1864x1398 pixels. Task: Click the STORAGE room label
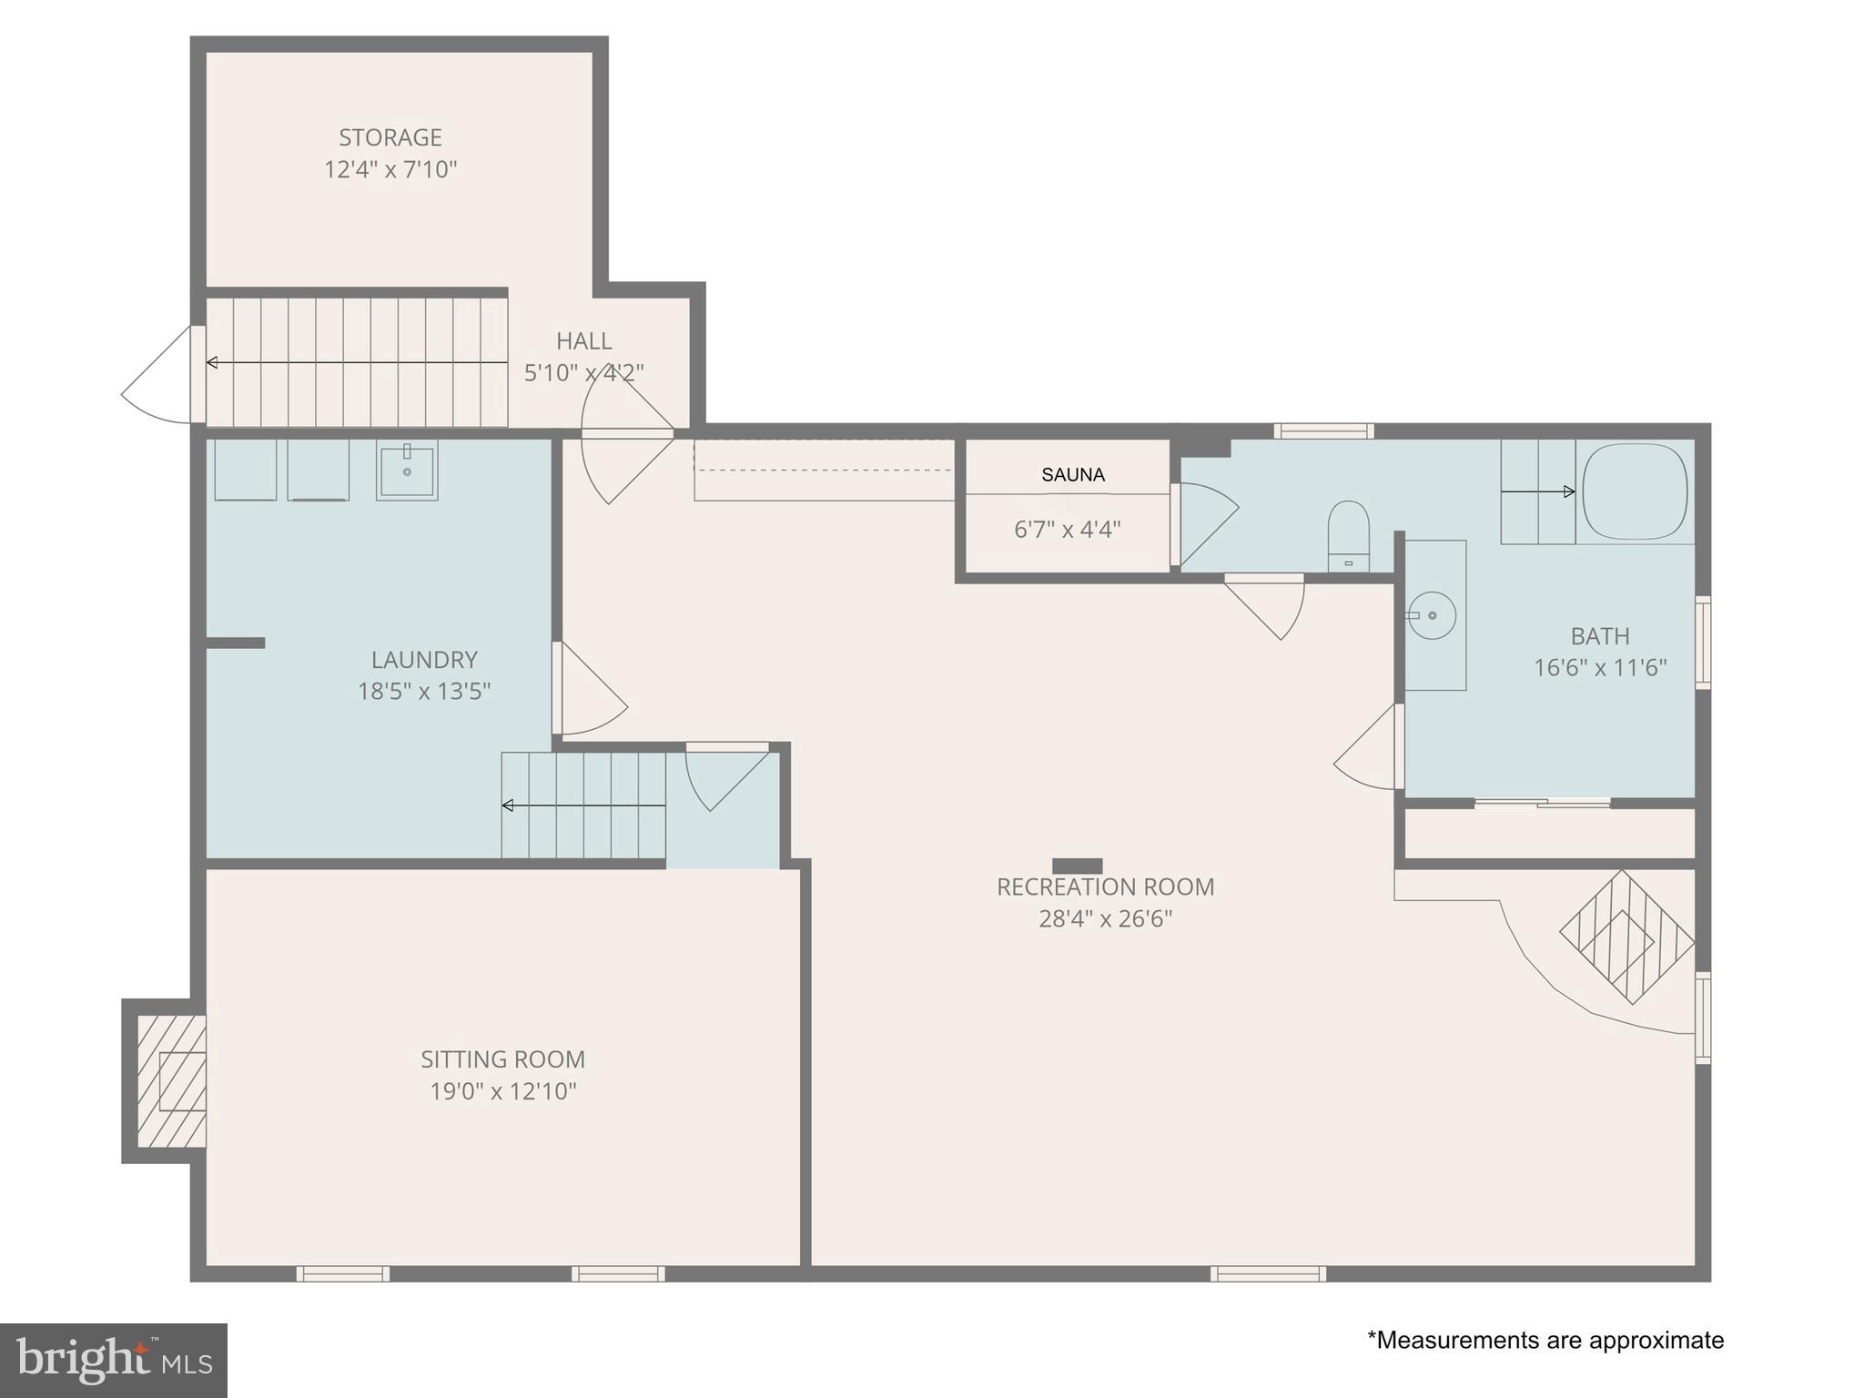pyautogui.click(x=390, y=137)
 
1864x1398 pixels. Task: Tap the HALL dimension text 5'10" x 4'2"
pyautogui.click(x=584, y=372)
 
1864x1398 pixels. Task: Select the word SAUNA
pyautogui.click(x=1073, y=474)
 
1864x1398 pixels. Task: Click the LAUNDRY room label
pyautogui.click(x=424, y=659)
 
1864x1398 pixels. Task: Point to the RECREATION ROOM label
pyautogui.click(x=1105, y=886)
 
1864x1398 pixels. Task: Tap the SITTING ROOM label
pyautogui.click(x=502, y=1059)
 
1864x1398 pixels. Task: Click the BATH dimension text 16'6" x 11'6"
pyautogui.click(x=1600, y=667)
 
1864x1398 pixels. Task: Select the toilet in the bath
pyautogui.click(x=1348, y=535)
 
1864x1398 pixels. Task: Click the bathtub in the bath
pyautogui.click(x=1635, y=491)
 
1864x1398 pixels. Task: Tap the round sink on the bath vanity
pyautogui.click(x=1432, y=615)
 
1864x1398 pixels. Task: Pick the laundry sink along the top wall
pyautogui.click(x=407, y=470)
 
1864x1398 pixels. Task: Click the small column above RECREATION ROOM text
pyautogui.click(x=1078, y=866)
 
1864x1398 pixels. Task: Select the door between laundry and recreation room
pyautogui.click(x=590, y=689)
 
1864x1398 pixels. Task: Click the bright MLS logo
pyautogui.click(x=114, y=1360)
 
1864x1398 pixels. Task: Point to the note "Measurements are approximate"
pyautogui.click(x=1545, y=1340)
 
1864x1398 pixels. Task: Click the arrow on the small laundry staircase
pyautogui.click(x=584, y=805)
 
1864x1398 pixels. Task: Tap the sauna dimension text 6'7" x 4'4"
pyautogui.click(x=1067, y=529)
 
